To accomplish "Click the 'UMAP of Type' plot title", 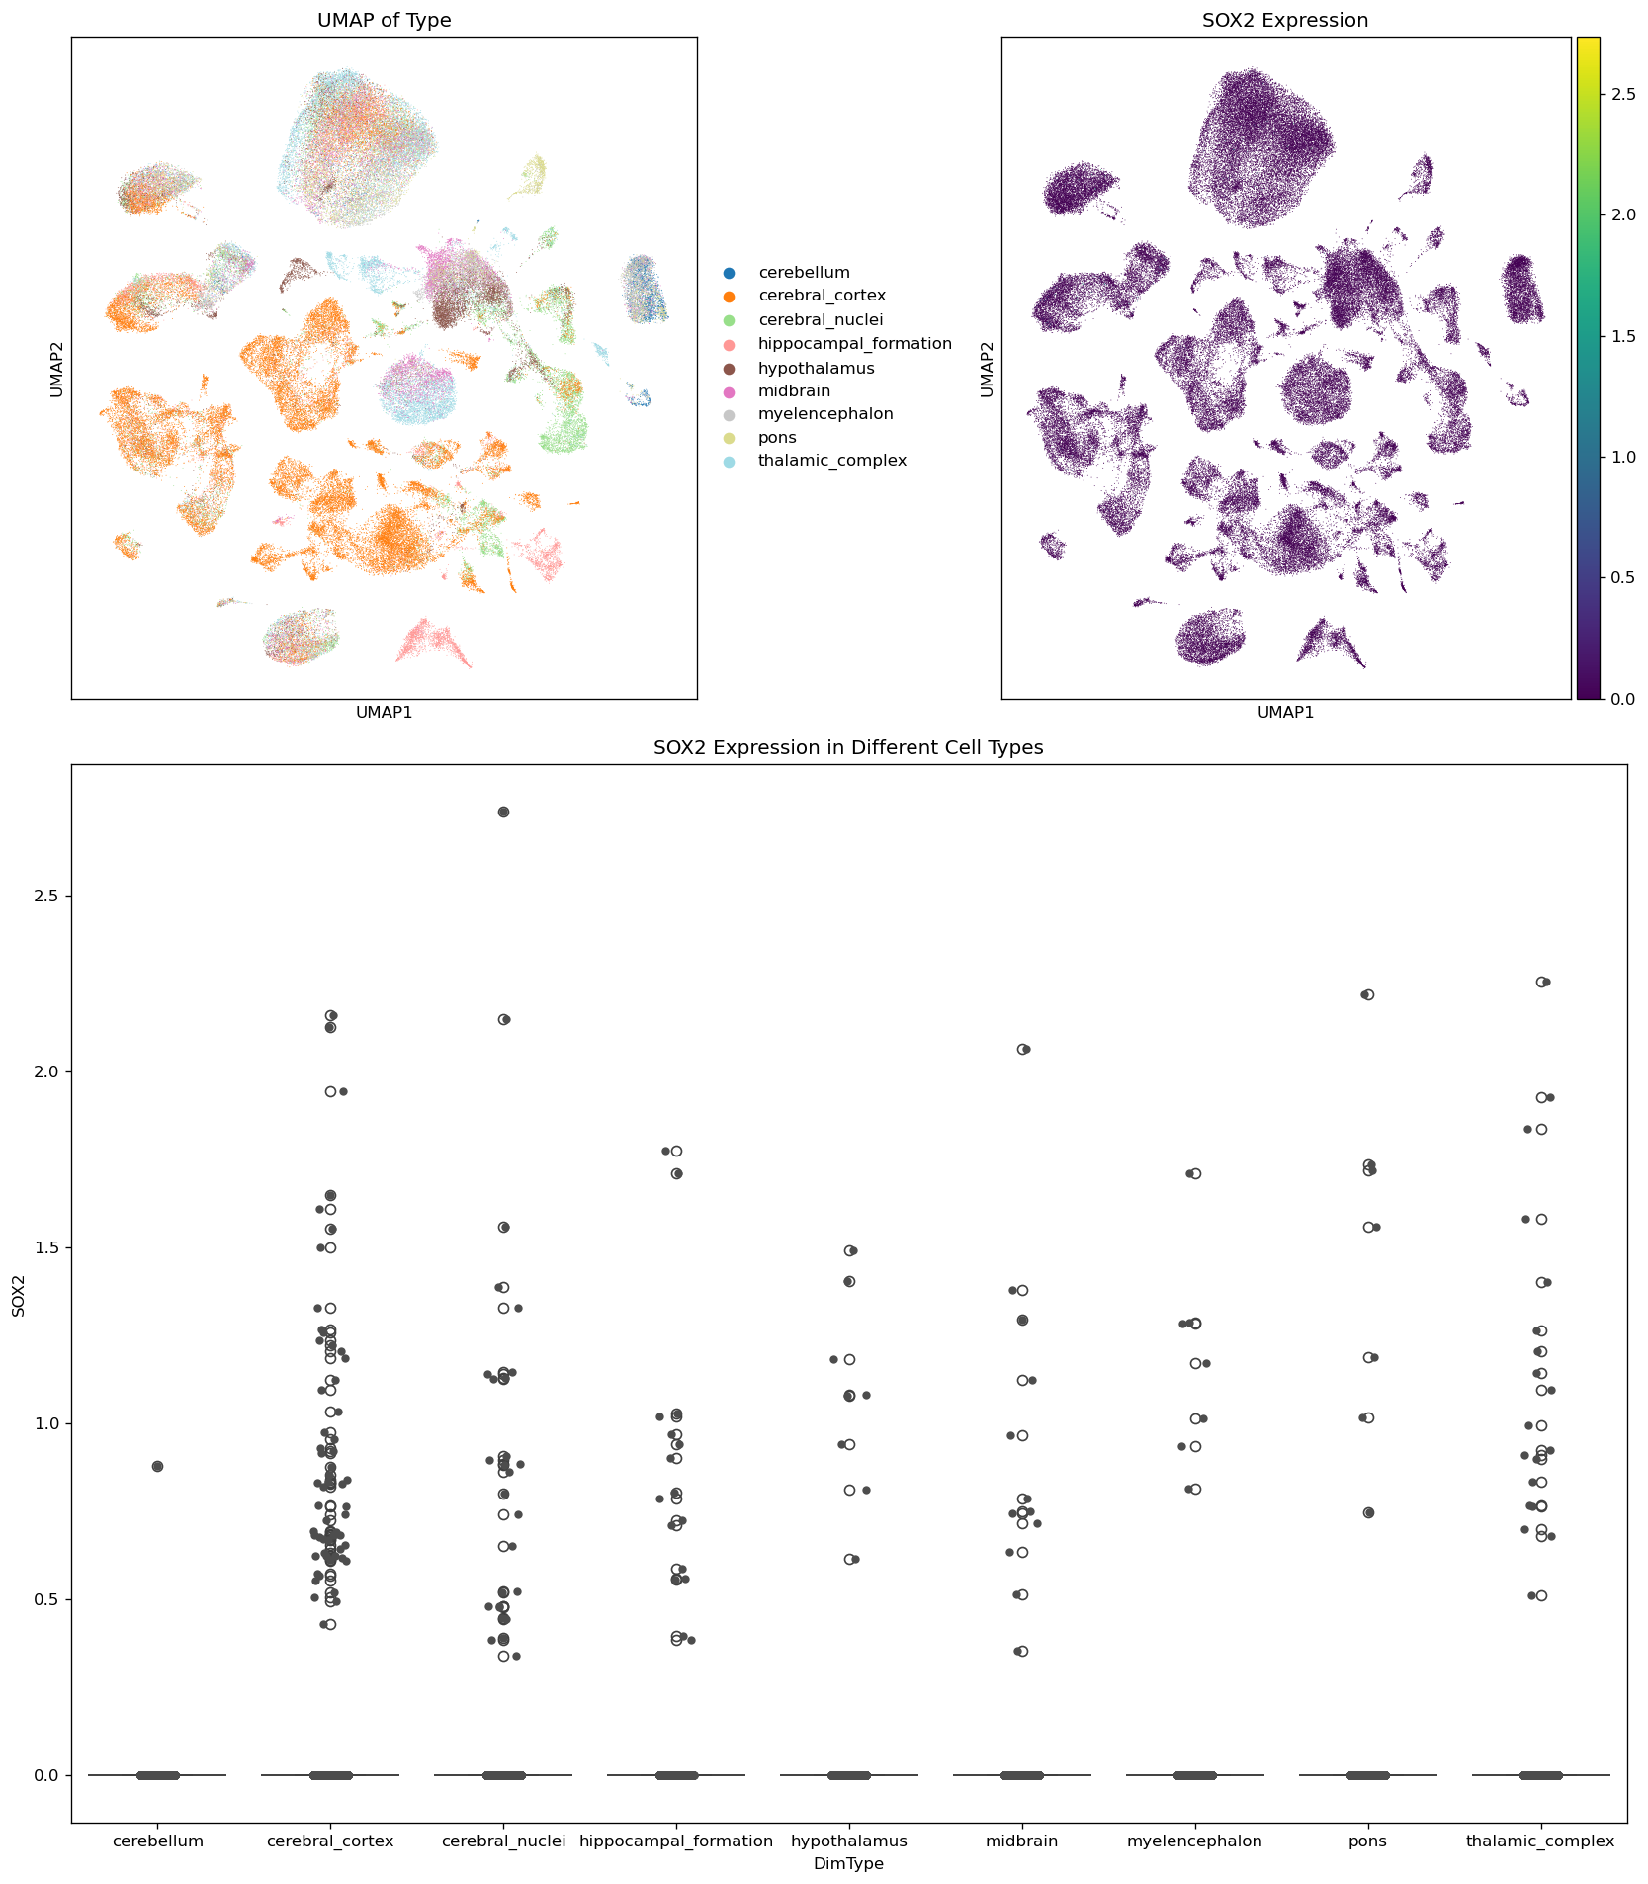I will point(384,21).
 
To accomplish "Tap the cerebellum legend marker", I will point(730,273).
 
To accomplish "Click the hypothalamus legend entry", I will point(816,369).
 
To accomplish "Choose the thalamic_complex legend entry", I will point(831,461).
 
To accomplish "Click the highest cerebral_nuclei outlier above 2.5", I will point(503,812).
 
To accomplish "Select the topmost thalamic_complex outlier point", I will point(1542,982).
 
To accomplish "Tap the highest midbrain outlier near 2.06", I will point(1023,1049).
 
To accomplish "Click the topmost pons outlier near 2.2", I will point(1368,994).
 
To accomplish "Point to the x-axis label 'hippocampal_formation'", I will point(676,1841).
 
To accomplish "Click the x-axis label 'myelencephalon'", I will point(1195,1841).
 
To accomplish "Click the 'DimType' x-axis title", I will point(848,1864).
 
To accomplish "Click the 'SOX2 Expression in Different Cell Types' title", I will point(848,748).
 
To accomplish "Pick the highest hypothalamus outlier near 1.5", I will point(850,1250).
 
